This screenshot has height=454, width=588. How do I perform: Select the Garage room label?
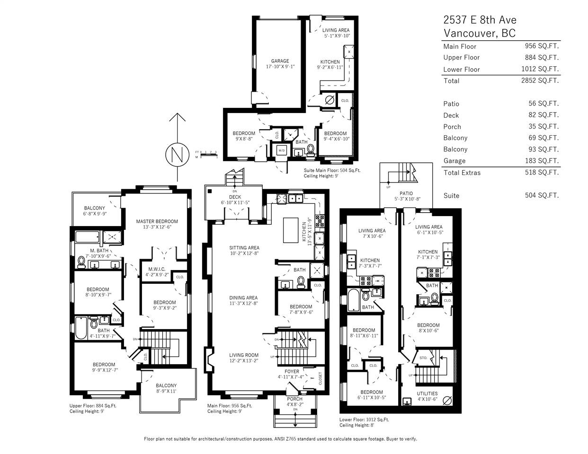pos(280,61)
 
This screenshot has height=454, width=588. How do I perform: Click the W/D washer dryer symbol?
pos(281,150)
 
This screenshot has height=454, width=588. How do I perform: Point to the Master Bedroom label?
pos(157,221)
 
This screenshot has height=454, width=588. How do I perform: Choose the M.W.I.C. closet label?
pos(157,269)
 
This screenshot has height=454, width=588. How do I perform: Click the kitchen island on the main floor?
pos(291,230)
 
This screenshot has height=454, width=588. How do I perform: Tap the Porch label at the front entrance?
pos(294,399)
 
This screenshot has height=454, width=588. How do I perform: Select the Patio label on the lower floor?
pos(406,193)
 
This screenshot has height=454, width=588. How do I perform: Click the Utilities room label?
pos(427,393)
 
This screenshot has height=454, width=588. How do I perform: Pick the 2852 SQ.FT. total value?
pos(540,80)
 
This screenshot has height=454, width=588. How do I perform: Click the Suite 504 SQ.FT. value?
pos(542,195)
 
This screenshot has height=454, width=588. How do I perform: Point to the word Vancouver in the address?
pos(470,33)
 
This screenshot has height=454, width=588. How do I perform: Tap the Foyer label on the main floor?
pos(292,372)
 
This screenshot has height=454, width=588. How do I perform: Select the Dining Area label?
pos(243,298)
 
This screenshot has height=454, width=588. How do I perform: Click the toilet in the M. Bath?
pos(81,262)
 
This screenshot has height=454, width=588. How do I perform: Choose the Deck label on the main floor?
pos(235,197)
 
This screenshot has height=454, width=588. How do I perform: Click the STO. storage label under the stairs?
pos(423,358)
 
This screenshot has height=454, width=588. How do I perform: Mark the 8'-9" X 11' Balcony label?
pos(166,391)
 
